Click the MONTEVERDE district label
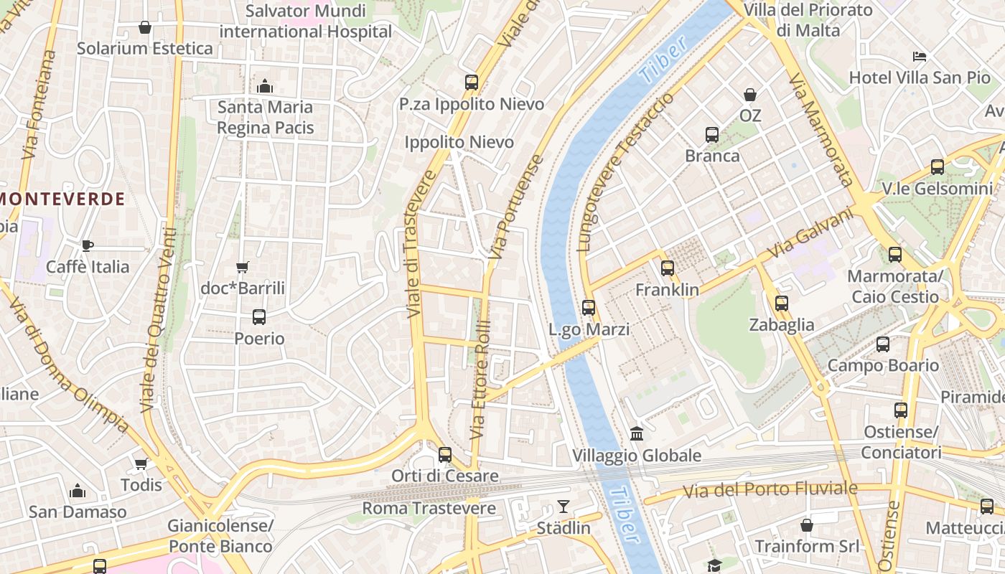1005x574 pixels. (x=63, y=199)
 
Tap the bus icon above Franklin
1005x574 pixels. (x=668, y=268)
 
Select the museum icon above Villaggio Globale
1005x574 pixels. (x=637, y=433)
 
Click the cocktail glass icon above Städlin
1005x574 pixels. (x=564, y=507)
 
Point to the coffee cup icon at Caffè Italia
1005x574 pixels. (x=88, y=245)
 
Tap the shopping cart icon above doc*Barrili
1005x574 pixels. (x=243, y=267)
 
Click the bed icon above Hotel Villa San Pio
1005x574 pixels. (x=920, y=56)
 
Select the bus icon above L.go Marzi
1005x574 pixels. (x=589, y=308)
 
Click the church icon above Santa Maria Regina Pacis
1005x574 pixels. (x=265, y=86)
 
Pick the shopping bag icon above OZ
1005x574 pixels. (x=750, y=94)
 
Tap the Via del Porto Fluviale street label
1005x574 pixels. (x=770, y=490)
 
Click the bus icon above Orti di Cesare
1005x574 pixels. (x=445, y=454)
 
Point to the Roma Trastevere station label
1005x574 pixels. (x=429, y=509)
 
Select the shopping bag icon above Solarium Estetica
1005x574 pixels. (x=145, y=27)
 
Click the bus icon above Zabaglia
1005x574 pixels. (x=782, y=304)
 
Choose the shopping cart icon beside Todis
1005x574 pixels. (x=141, y=464)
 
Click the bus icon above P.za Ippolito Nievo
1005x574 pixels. (x=472, y=83)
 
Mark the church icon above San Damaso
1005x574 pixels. (x=78, y=491)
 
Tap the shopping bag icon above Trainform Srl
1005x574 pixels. (x=807, y=525)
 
